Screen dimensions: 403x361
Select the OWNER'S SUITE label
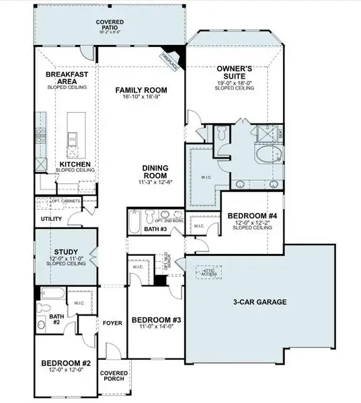click(233, 73)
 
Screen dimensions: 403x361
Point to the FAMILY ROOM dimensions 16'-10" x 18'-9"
click(141, 98)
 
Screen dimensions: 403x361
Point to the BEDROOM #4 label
click(249, 216)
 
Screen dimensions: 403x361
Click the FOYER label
click(112, 323)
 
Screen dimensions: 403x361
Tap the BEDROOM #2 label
click(65, 363)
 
